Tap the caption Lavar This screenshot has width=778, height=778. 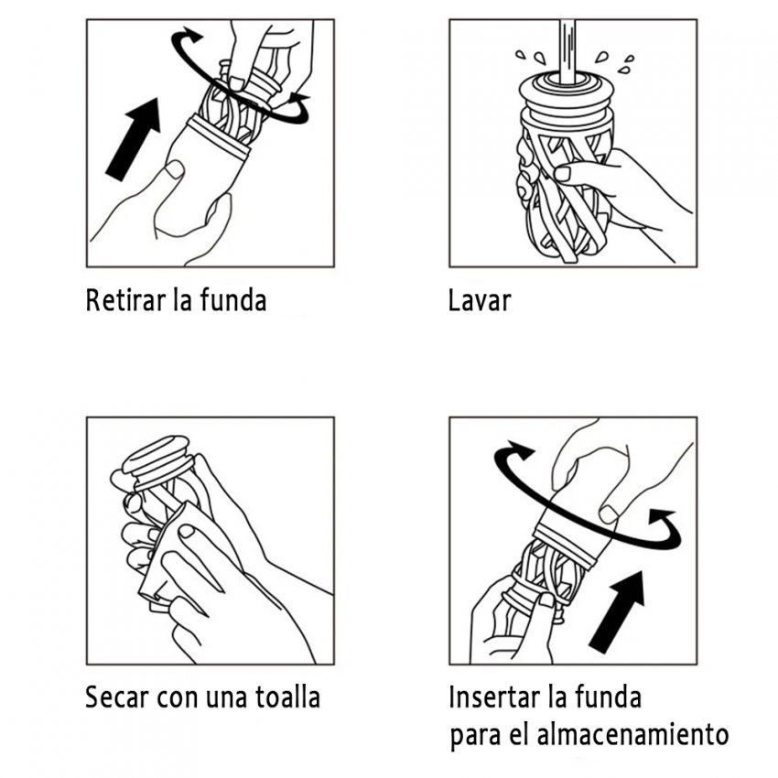(480, 301)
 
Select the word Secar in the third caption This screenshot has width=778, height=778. (118, 697)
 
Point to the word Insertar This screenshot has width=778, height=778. (494, 697)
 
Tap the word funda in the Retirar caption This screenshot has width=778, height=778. (232, 301)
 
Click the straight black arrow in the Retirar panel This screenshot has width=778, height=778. (133, 137)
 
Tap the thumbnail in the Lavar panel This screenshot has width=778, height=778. (563, 172)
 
